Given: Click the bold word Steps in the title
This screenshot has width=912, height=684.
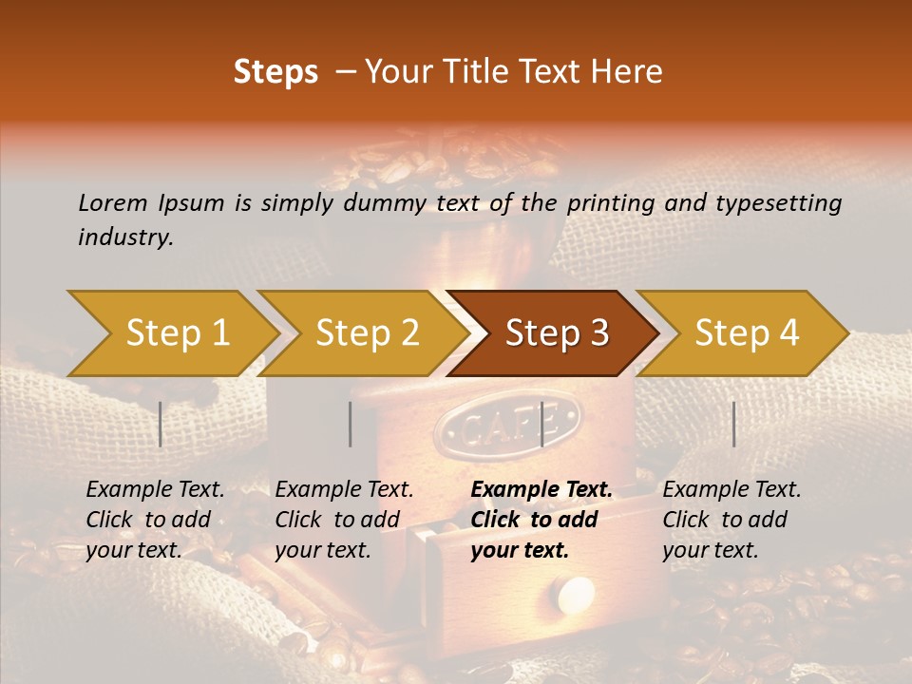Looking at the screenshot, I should [275, 71].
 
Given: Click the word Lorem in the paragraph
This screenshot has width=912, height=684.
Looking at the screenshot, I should [112, 202].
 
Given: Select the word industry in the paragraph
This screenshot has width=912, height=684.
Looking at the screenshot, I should [124, 237].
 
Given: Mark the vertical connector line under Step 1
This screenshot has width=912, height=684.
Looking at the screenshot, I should [161, 424].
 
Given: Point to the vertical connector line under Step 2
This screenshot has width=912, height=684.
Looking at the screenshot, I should [351, 424].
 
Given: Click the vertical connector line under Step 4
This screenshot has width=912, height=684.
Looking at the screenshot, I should [734, 424].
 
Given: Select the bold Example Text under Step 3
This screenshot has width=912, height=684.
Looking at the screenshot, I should [541, 520].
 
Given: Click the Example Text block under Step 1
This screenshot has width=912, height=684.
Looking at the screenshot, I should [155, 520].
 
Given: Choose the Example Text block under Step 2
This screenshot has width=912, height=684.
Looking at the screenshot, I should [344, 520].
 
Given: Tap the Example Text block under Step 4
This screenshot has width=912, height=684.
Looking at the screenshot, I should [731, 520].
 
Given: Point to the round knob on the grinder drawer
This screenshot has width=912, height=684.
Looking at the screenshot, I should [574, 595].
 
